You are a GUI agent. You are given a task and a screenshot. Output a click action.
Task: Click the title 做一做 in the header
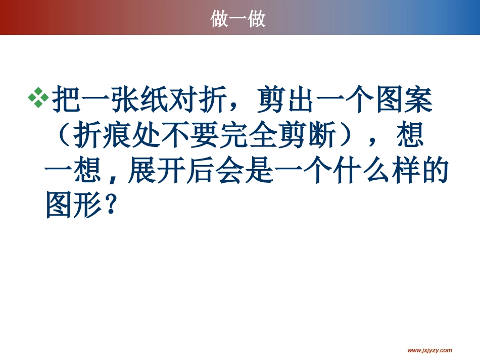[x=238, y=19]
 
